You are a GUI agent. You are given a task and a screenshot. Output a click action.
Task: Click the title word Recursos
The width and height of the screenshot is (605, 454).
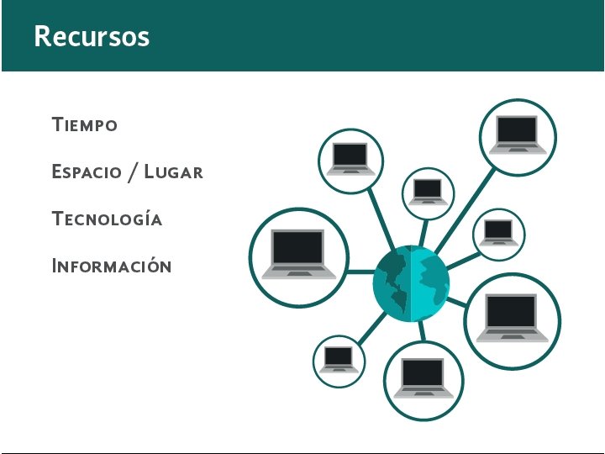click(92, 36)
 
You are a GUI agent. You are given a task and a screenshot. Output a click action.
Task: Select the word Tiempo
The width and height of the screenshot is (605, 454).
click(84, 125)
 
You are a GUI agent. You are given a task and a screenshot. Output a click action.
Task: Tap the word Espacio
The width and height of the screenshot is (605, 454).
click(87, 172)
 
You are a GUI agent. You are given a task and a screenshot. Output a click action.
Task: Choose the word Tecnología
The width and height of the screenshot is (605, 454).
click(107, 219)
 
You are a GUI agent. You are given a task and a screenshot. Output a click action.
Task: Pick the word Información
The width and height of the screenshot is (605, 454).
click(111, 267)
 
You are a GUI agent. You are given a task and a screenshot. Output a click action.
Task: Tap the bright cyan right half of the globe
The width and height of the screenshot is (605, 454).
click(430, 283)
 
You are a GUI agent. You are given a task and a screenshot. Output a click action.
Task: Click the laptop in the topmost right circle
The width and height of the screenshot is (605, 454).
click(518, 135)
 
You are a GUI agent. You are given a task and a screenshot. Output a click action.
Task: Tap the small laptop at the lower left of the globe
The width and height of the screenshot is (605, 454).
click(339, 359)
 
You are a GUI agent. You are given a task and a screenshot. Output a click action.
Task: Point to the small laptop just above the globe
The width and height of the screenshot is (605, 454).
click(429, 192)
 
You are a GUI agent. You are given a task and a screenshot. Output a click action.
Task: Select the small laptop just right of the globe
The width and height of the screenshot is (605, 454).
click(498, 232)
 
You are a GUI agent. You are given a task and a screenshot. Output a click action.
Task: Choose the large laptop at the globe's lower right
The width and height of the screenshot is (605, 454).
click(512, 319)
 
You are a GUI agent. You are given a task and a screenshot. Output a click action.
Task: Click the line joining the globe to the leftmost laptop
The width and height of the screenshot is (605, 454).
click(360, 272)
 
